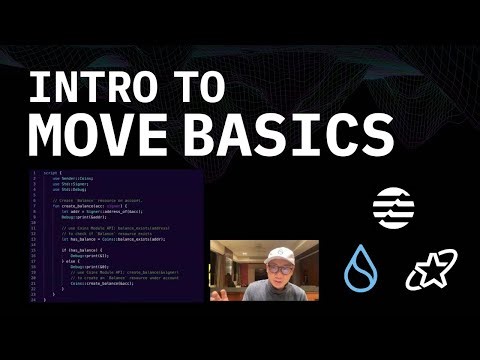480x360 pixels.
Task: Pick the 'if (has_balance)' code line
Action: tap(85, 250)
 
